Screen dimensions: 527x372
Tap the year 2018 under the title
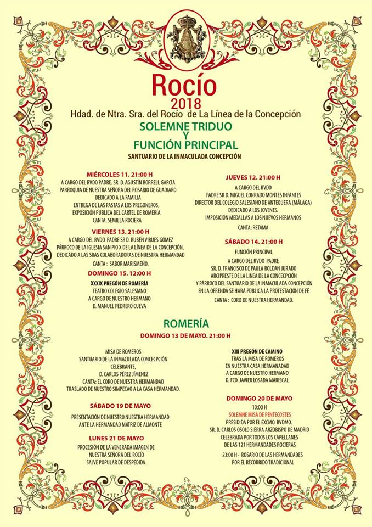coord(186,103)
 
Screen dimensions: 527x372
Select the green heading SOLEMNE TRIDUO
coord(185,126)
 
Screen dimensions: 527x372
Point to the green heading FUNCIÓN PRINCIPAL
coord(185,145)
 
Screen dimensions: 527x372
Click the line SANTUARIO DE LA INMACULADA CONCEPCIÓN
coord(185,156)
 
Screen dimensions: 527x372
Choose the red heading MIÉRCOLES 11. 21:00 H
coord(119,175)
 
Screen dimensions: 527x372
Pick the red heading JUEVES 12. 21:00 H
coord(253,177)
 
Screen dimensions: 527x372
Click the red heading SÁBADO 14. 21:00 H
coord(253,242)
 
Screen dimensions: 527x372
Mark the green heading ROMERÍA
coord(185,323)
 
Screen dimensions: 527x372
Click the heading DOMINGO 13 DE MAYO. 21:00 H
coord(185,335)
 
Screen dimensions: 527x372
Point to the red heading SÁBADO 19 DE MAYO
coord(120,406)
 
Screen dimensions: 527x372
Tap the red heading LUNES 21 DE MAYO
coord(120,438)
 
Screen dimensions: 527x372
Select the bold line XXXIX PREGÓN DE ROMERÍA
coord(120,283)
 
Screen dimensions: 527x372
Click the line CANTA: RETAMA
coord(253,227)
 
